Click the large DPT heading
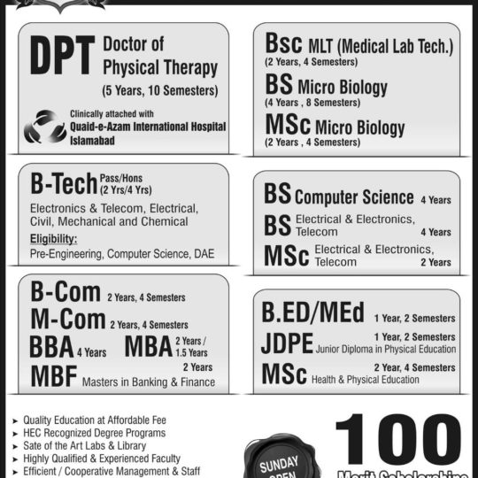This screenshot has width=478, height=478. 63,59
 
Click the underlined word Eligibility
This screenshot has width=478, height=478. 53,238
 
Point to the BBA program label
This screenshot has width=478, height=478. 50,346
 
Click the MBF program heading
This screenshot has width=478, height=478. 52,376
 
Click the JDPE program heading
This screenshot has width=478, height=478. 288,343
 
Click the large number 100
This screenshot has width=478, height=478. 398,441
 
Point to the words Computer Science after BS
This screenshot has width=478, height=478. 354,197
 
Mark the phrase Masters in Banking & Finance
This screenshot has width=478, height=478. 149,382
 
